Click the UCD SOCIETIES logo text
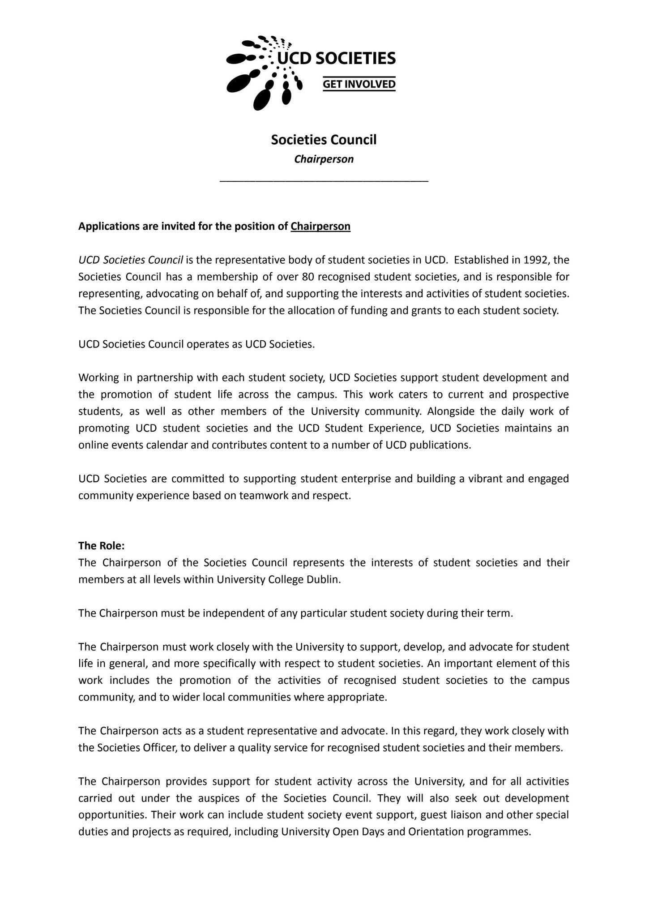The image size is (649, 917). point(336,58)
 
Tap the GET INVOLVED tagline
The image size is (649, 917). point(359,84)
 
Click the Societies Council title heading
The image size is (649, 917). point(324,140)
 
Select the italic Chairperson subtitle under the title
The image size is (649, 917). point(324,159)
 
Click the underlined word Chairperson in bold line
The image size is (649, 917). point(320,226)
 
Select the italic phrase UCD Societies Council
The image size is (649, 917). point(131,260)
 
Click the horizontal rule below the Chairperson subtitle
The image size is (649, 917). point(324,181)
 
